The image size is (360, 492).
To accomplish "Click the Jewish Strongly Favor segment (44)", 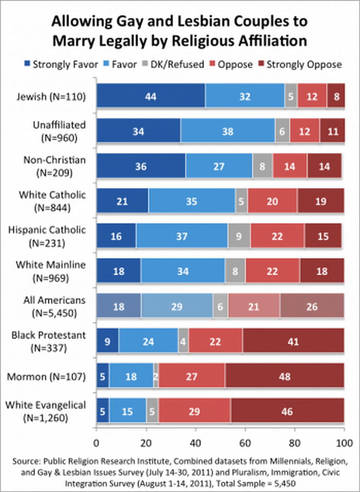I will (x=150, y=96).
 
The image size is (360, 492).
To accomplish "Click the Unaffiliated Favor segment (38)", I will (x=227, y=132).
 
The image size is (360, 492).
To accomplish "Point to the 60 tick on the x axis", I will (x=245, y=442).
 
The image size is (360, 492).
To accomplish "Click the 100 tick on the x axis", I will (x=344, y=442).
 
